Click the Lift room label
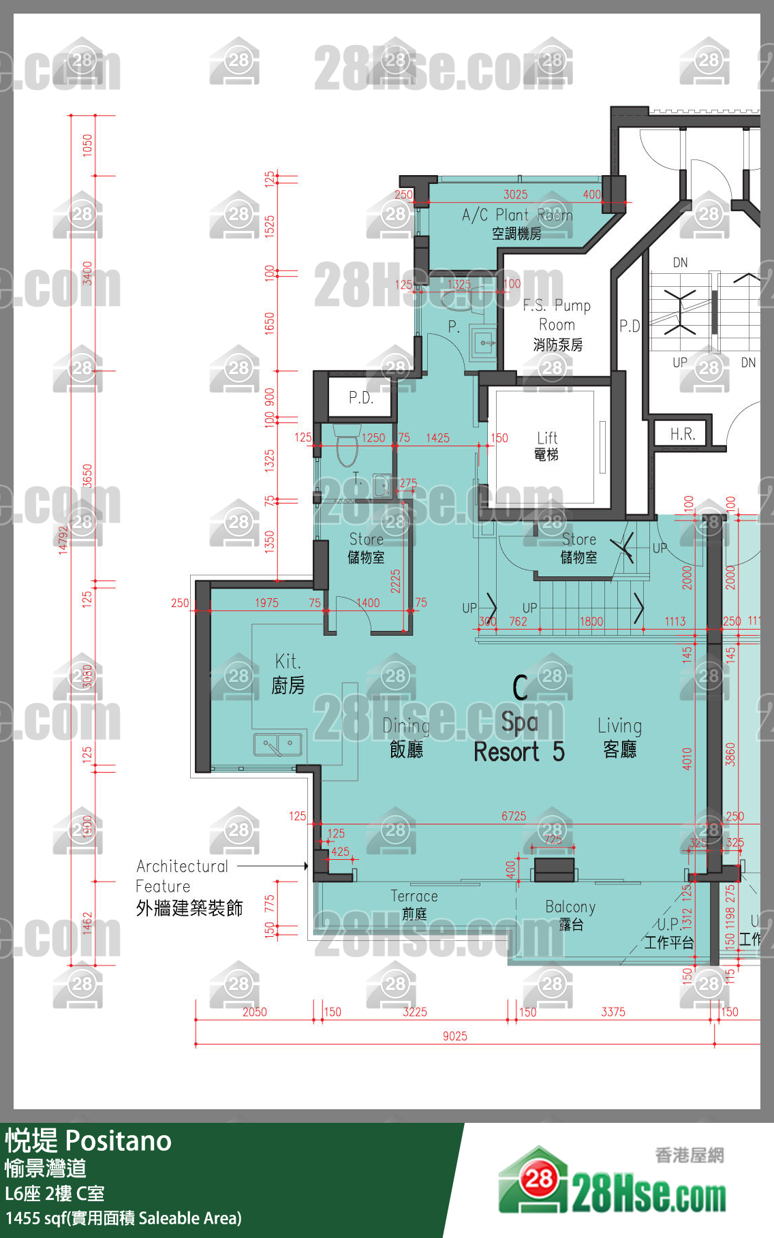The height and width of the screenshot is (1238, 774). pyautogui.click(x=546, y=446)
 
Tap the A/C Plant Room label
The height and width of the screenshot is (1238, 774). pyautogui.click(x=516, y=223)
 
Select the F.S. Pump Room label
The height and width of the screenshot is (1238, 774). pyautogui.click(x=557, y=324)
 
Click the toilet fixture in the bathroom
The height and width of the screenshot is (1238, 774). pyautogui.click(x=347, y=447)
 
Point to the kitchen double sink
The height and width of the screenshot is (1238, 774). pyautogui.click(x=277, y=745)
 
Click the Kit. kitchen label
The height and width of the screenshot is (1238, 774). pyautogui.click(x=288, y=672)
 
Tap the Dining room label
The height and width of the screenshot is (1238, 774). pyautogui.click(x=406, y=737)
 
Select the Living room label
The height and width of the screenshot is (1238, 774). pyautogui.click(x=619, y=737)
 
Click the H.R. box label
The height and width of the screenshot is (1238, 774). pyautogui.click(x=682, y=435)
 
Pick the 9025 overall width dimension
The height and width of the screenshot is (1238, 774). pyautogui.click(x=454, y=1036)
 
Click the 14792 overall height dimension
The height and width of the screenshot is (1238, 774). pyautogui.click(x=63, y=539)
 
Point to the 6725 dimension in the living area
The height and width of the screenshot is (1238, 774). pyautogui.click(x=513, y=816)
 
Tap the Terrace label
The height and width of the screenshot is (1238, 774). pyautogui.click(x=414, y=903)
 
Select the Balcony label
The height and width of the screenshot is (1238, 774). pyautogui.click(x=570, y=914)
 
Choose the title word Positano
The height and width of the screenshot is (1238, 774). pyautogui.click(x=119, y=1141)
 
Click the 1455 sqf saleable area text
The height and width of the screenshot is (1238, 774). pyautogui.click(x=123, y=1218)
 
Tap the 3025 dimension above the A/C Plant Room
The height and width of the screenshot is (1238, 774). pyautogui.click(x=515, y=194)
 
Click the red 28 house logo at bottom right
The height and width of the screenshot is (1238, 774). pyautogui.click(x=538, y=1178)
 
